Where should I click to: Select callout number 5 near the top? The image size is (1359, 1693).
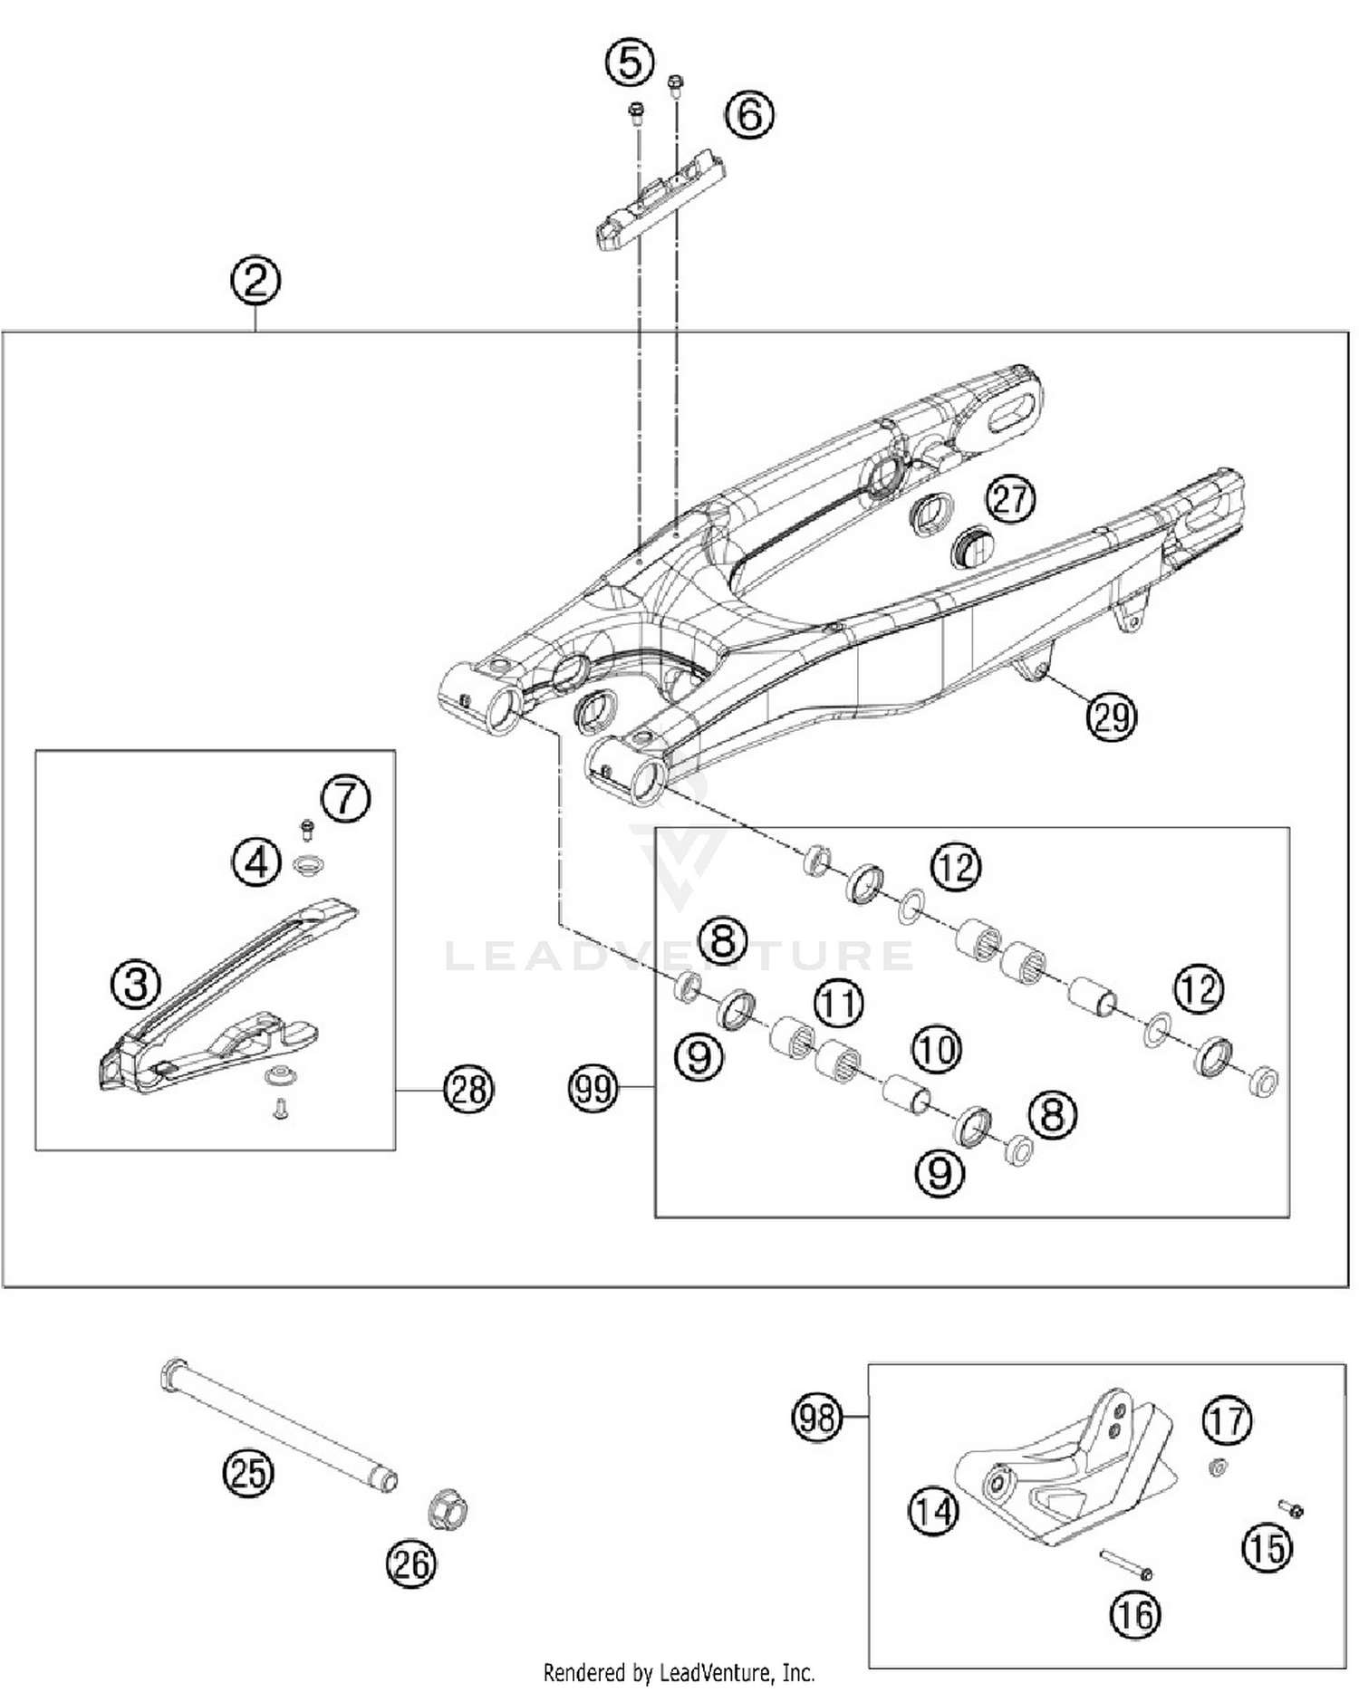[630, 63]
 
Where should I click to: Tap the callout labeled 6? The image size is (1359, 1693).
[749, 115]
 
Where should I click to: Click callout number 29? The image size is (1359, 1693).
[1112, 717]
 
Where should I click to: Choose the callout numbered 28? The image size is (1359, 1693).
[468, 1089]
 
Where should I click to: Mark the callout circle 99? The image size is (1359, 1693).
[593, 1087]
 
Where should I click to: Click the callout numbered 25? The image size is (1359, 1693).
[249, 1472]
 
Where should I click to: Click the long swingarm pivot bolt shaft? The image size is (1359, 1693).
[281, 1424]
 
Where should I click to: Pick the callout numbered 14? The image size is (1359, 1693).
[933, 1510]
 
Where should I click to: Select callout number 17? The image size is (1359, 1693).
[1227, 1420]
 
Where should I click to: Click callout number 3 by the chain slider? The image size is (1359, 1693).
[136, 984]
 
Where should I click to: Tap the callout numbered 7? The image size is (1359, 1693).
[345, 798]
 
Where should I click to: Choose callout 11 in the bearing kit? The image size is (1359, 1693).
[838, 1004]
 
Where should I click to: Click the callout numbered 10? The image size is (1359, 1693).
[936, 1050]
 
